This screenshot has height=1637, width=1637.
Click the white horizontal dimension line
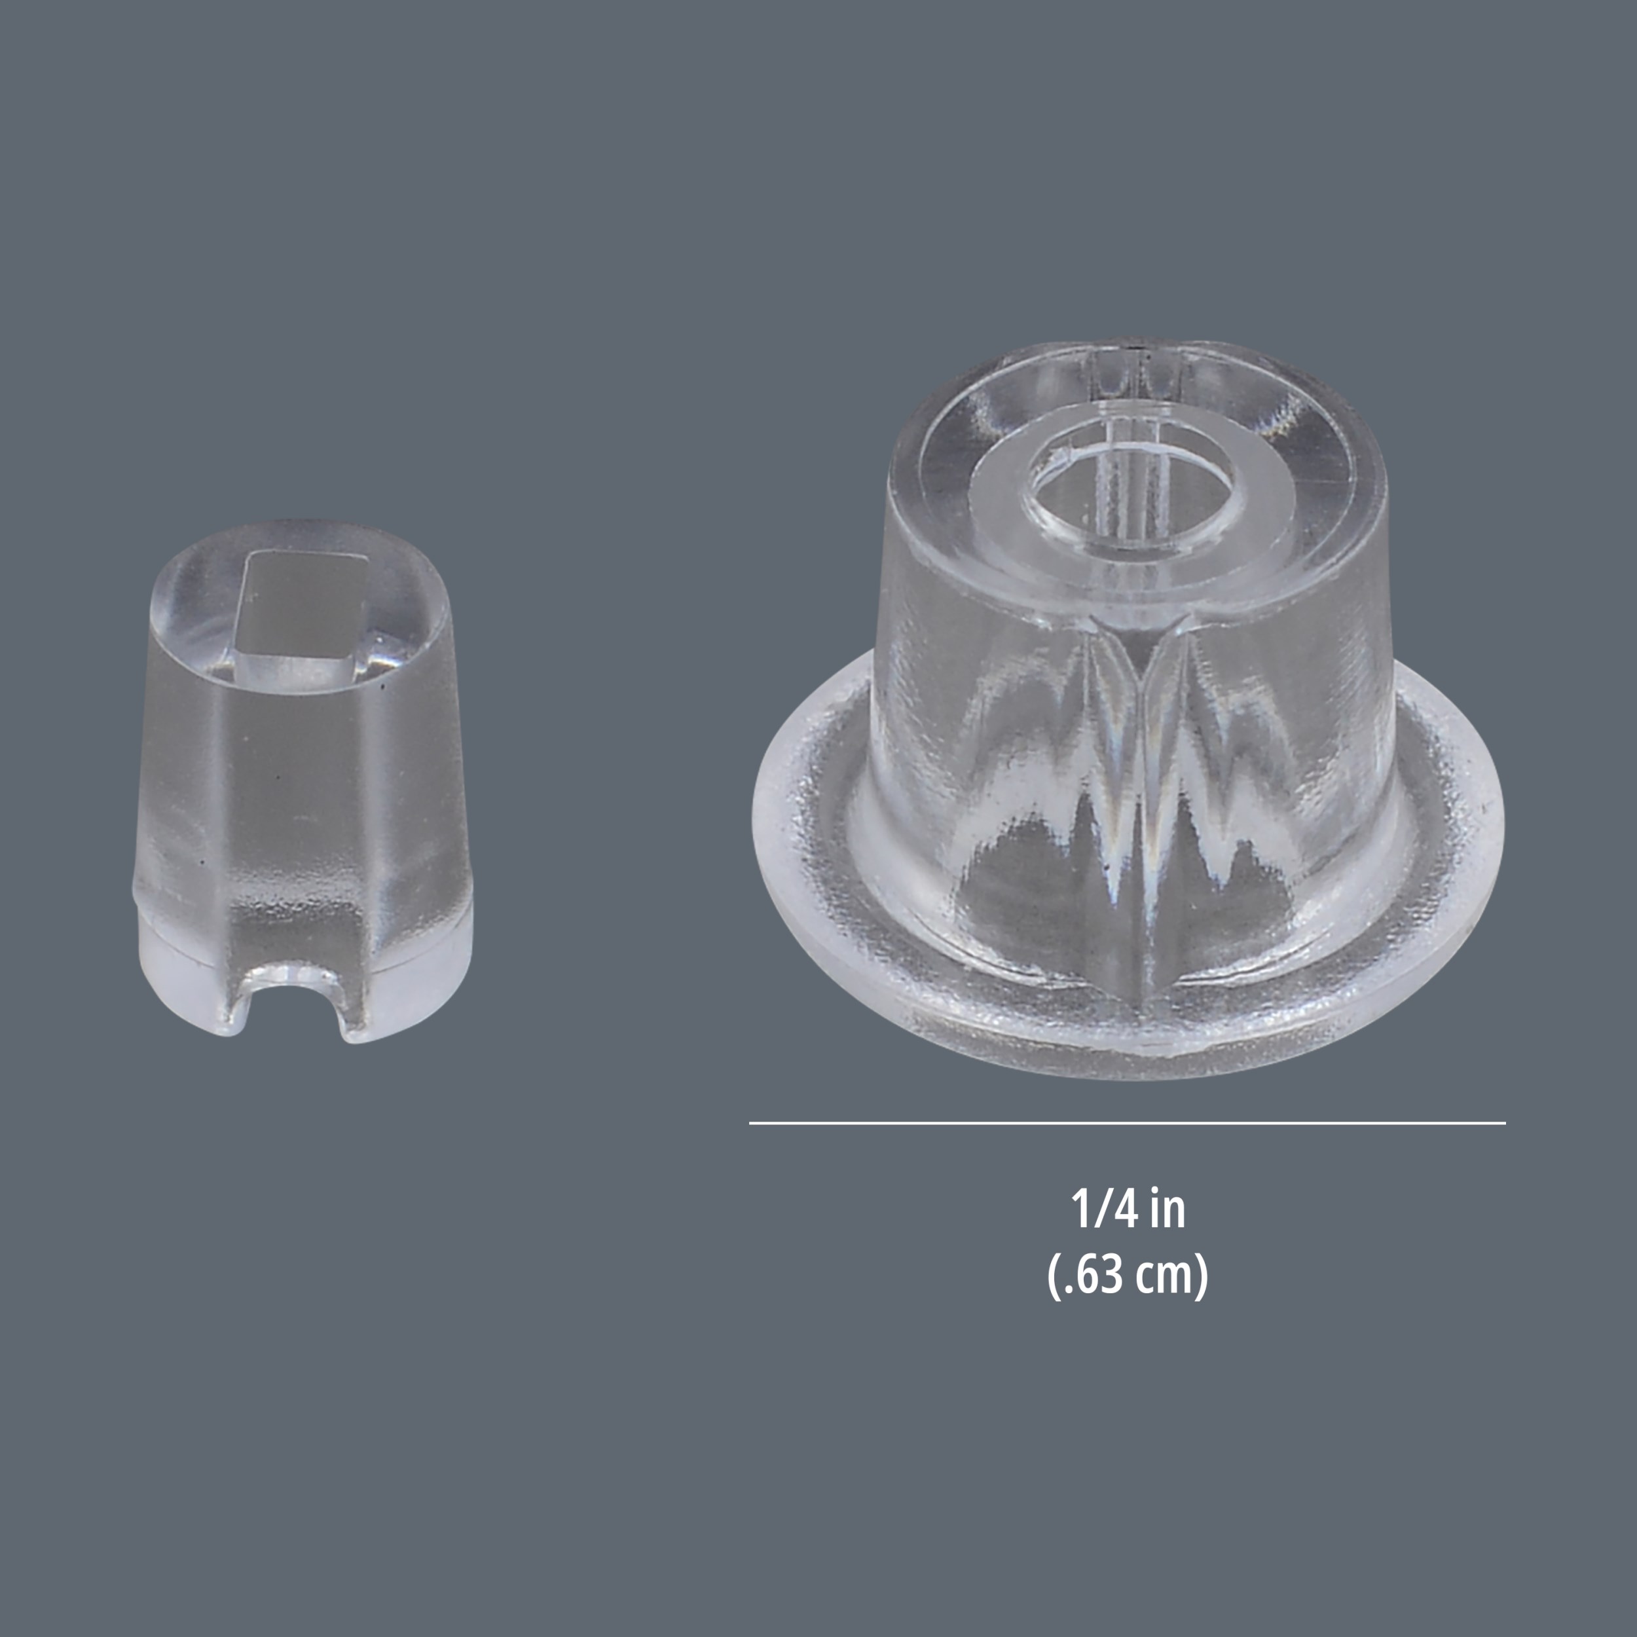pos(1127,1123)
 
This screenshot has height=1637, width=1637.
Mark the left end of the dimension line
pos(750,1123)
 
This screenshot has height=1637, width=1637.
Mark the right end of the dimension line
pos(1504,1123)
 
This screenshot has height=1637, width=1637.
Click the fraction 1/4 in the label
pos(1102,1209)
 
